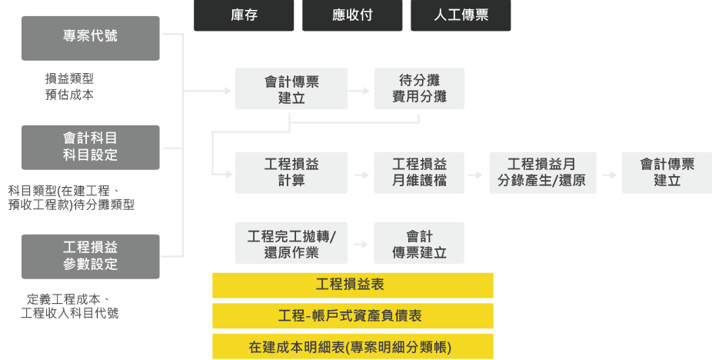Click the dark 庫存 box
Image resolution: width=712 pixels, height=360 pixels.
[x=244, y=15]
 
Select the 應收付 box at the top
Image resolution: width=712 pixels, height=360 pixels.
[x=352, y=15]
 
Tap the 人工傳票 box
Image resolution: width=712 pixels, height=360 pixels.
[x=461, y=15]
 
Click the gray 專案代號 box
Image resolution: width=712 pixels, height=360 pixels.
[x=91, y=37]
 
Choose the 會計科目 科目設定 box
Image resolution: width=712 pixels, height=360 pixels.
[x=91, y=146]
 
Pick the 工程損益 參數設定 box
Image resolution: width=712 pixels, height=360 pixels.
[x=91, y=256]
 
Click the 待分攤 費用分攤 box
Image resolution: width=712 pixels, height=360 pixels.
[x=419, y=88]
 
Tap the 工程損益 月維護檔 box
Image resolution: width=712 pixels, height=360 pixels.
[x=419, y=172]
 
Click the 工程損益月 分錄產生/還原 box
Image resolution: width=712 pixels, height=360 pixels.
[x=542, y=172]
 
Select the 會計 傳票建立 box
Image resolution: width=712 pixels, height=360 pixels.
[x=419, y=243]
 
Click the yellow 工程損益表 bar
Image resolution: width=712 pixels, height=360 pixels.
[x=352, y=285]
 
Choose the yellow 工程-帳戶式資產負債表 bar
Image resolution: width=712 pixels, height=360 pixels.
[x=352, y=315]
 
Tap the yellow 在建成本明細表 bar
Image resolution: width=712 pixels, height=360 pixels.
[x=352, y=346]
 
